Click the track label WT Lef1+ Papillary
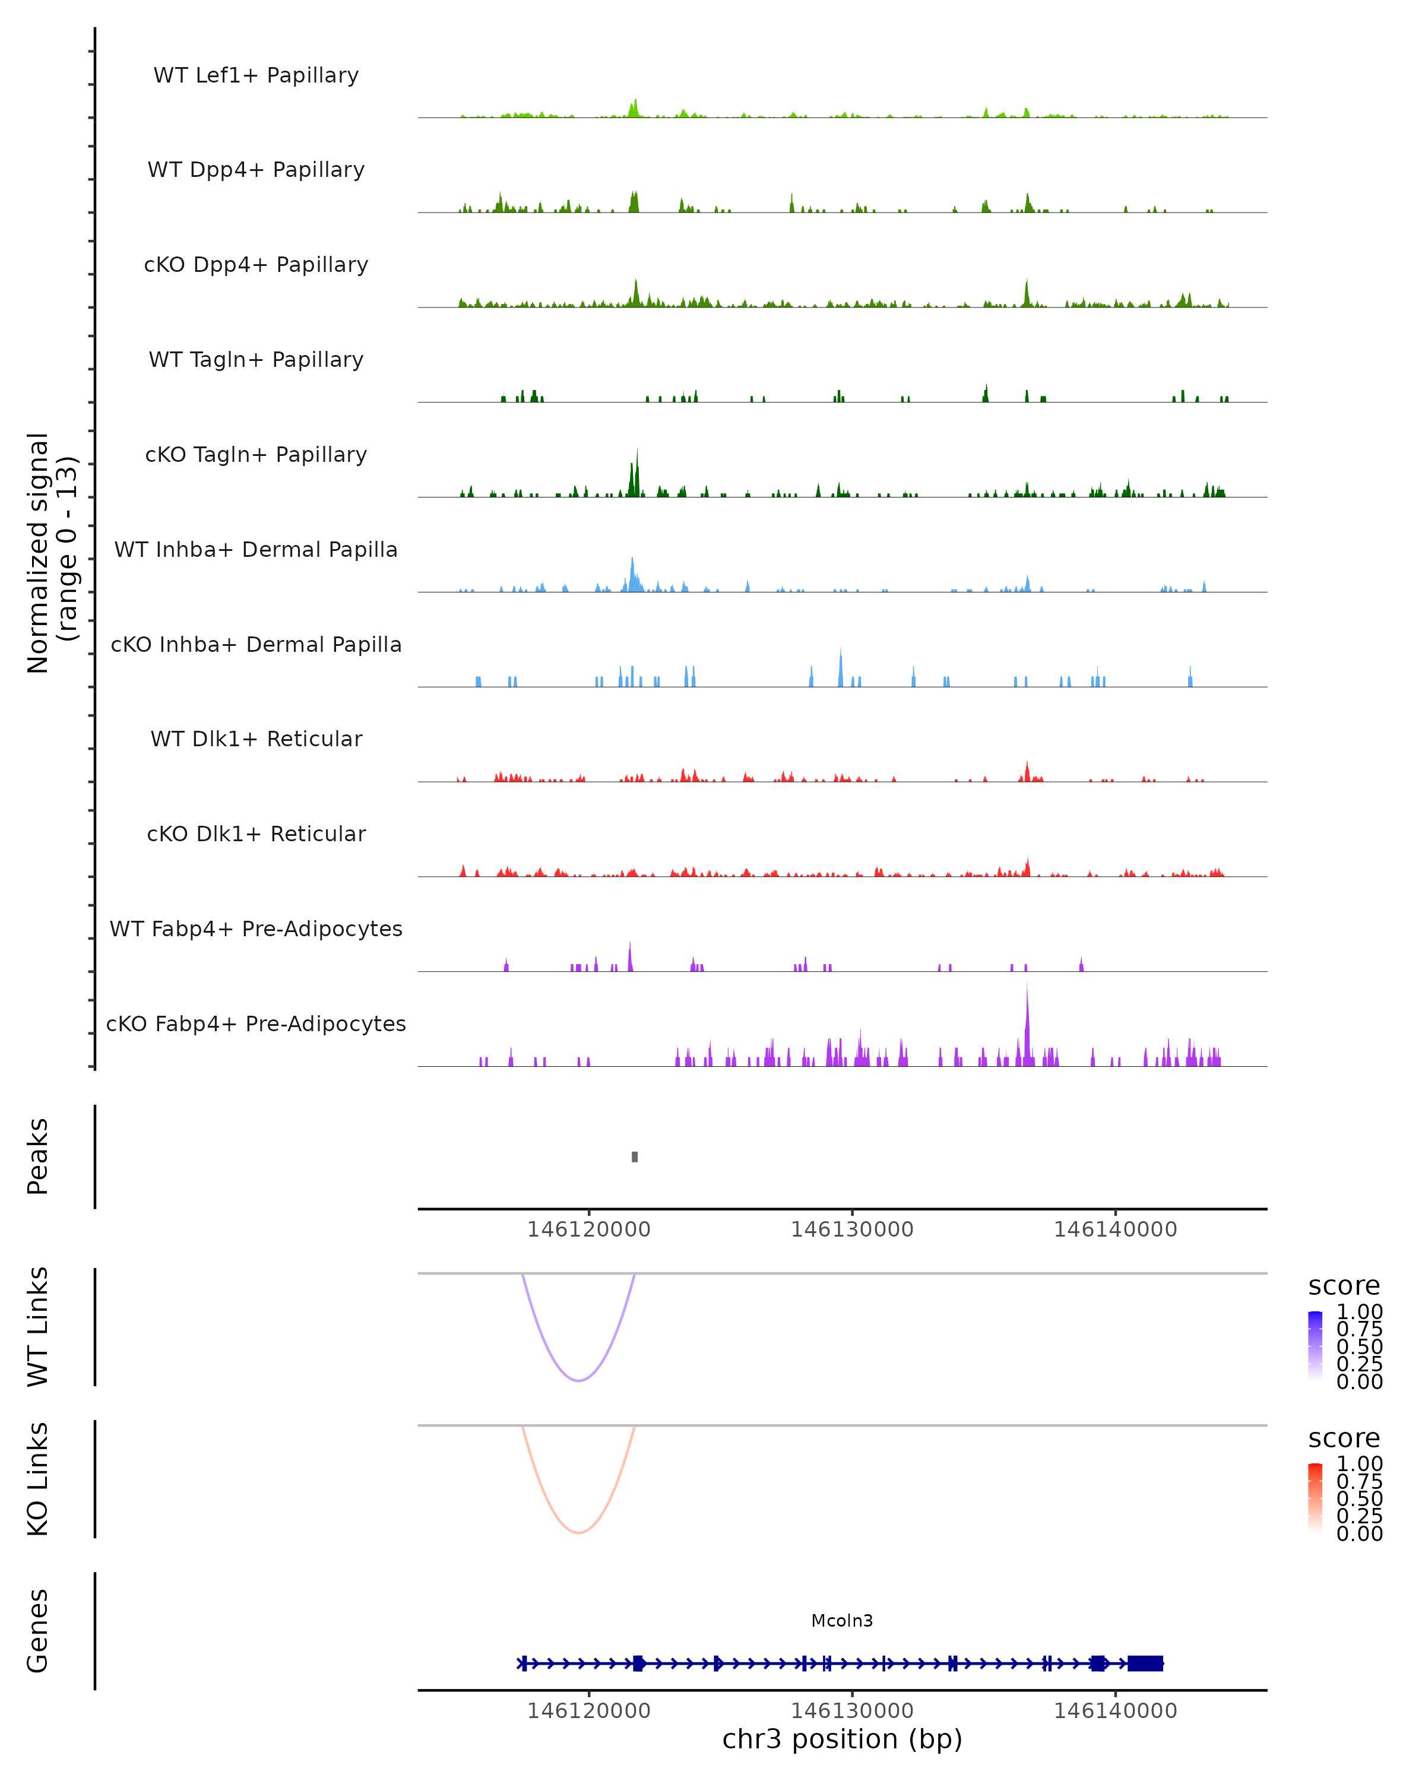click(x=256, y=75)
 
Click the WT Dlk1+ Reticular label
click(x=256, y=739)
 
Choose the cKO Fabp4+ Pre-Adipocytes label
click(x=256, y=1023)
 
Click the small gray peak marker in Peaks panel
click(x=635, y=1156)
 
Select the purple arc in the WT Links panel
click(x=579, y=1380)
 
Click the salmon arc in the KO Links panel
click(x=579, y=1532)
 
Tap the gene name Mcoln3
click(x=842, y=1621)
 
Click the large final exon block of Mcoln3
click(x=1145, y=1663)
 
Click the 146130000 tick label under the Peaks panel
click(x=851, y=1229)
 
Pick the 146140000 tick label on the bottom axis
click(x=1115, y=1711)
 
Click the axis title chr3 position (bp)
click(x=842, y=1739)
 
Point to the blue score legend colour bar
click(x=1315, y=1344)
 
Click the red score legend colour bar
click(x=1315, y=1497)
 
